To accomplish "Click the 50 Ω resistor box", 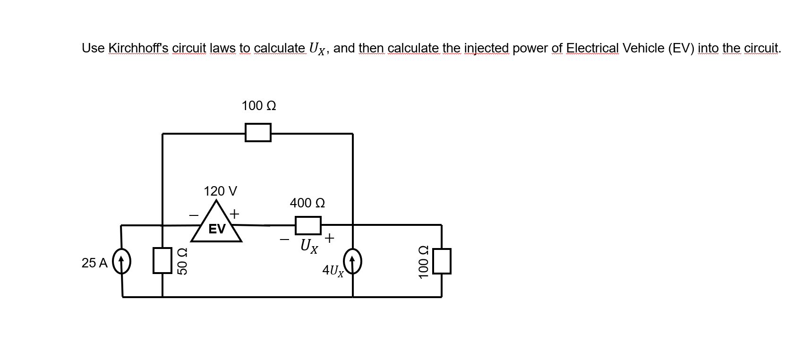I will pos(162,261).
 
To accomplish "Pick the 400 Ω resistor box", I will pos(308,225).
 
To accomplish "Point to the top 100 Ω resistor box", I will pos(258,132).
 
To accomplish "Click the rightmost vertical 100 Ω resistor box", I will pos(442,261).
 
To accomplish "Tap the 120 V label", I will pos(220,191).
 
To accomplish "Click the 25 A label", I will pos(94,263).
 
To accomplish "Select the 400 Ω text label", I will pos(307,203).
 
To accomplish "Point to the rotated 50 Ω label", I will pos(182,261).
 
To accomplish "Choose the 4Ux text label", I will pos(333,270).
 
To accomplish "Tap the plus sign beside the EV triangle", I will pos(234,214).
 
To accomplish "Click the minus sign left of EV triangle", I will pos(194,215).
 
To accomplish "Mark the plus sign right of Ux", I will pos(329,238).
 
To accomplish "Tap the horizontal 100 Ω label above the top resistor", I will pos(259,106).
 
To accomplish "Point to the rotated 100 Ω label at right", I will pos(423,261).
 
